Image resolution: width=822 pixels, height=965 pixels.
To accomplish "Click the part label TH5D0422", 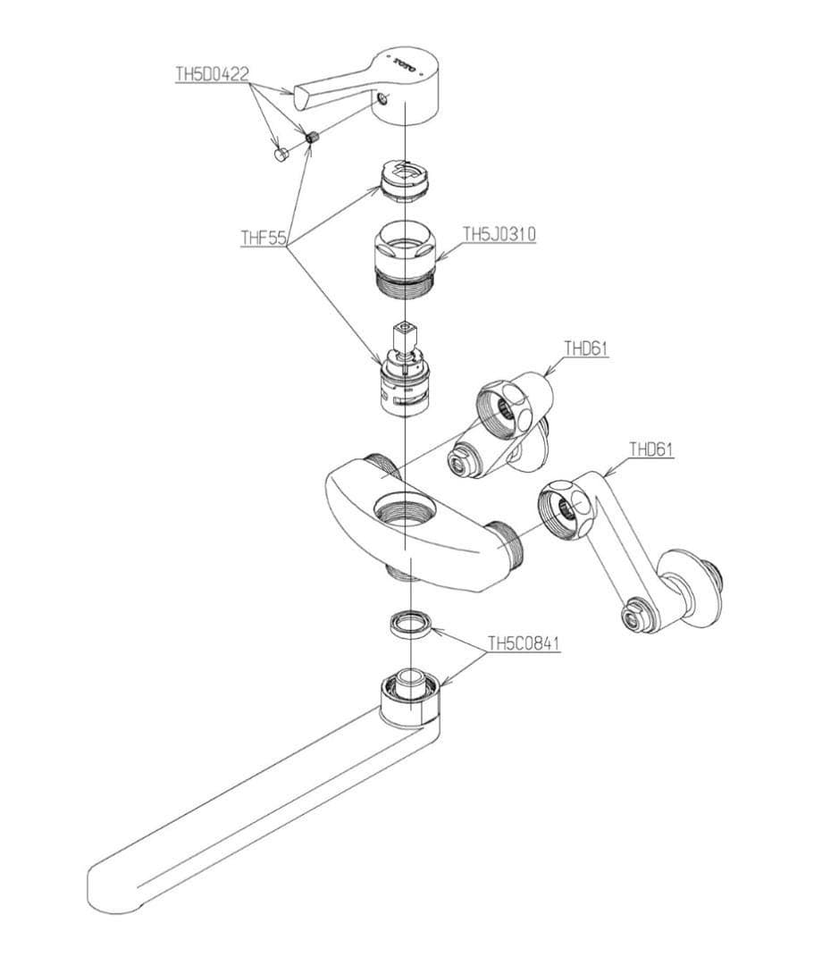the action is tap(213, 74).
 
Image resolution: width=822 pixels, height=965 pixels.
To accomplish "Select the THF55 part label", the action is tap(264, 238).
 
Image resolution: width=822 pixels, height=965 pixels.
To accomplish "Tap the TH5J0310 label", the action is tap(499, 234).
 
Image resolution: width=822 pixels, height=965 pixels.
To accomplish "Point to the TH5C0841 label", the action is tap(524, 643).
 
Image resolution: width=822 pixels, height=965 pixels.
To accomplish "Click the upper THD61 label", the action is tap(586, 348).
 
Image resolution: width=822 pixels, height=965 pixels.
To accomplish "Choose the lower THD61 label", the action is tap(651, 449).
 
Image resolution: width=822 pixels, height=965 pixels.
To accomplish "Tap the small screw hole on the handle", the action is tap(384, 98).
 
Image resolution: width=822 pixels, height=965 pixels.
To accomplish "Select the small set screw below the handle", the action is tap(311, 138).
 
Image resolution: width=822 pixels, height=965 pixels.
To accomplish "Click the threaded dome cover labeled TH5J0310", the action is tap(406, 261).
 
